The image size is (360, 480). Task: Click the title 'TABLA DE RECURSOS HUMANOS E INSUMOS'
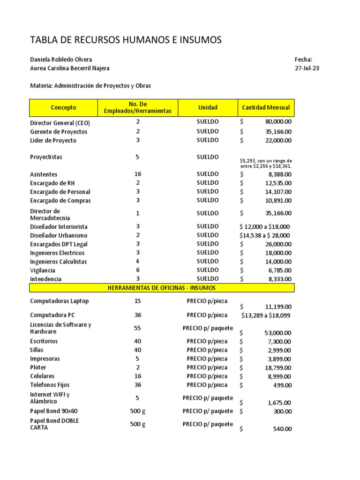126,40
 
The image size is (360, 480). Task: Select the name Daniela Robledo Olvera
61,60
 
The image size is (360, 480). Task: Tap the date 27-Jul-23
307,68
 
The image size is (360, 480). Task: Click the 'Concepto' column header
63,108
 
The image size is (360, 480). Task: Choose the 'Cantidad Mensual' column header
266,108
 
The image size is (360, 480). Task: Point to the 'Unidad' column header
208,108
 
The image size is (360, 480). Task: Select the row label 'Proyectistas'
46,157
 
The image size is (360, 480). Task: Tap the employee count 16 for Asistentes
138,174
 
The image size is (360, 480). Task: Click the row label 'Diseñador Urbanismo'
59,235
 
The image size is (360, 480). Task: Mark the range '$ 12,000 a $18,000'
264,226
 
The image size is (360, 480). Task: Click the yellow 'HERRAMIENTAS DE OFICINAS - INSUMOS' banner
162,287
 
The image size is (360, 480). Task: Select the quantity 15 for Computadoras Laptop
138,301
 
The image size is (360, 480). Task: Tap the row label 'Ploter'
38,367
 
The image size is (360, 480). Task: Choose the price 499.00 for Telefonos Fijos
282,385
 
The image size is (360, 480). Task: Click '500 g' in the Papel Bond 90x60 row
138,411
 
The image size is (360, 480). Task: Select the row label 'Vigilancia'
43,270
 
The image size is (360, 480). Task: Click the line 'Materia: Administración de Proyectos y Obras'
90,86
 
